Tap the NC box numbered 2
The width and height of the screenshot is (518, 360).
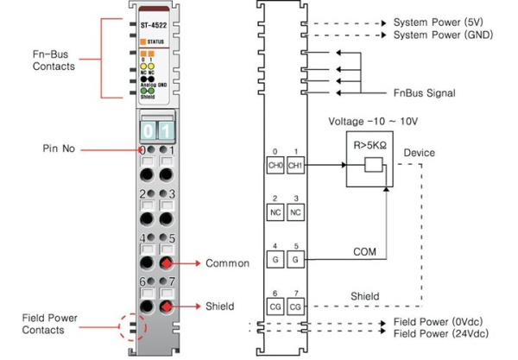pyautogui.click(x=275, y=212)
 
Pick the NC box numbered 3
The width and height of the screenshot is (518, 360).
pyautogui.click(x=295, y=212)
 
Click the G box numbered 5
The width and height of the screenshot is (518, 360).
pyautogui.click(x=295, y=259)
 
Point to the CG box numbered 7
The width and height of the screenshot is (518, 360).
pyautogui.click(x=295, y=306)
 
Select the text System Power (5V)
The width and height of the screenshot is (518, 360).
pyautogui.click(x=439, y=21)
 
